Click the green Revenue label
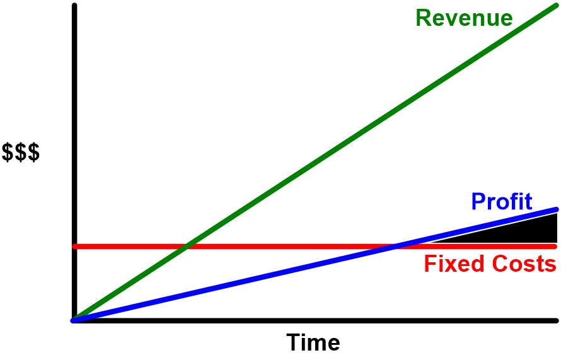point(464,18)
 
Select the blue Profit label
point(502,202)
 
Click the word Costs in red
point(520,264)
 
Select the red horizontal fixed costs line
point(284,246)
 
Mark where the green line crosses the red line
point(186,246)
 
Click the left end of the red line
point(75,246)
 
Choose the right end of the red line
point(554,246)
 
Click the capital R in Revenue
point(423,18)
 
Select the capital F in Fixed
point(430,264)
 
